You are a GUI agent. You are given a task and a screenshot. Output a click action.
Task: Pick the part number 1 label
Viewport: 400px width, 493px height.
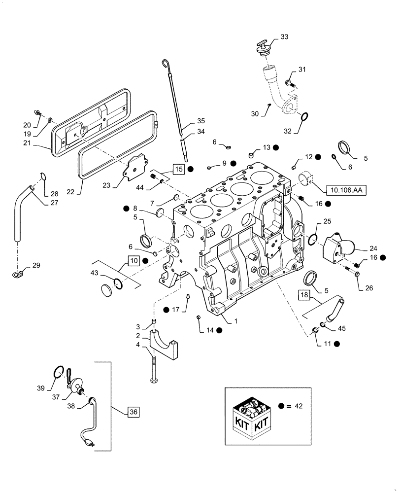[236, 320]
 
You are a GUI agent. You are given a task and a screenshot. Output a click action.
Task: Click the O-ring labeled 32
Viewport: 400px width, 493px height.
[305, 117]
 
